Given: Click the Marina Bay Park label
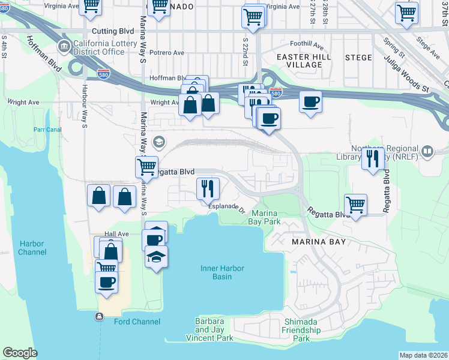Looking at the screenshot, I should pos(265,217).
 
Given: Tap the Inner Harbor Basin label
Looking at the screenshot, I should pos(223,272).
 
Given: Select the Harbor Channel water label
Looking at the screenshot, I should pos(32,248).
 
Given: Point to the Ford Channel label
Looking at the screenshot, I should pos(137,322).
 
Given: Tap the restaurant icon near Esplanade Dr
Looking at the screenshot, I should pos(208,188).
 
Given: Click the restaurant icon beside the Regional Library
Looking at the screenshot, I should pos(373,158).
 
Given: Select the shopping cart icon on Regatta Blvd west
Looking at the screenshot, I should pos(146,166).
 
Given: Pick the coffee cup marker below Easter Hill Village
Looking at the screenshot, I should pos(310,101).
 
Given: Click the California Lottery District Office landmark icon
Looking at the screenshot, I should pos(64,46).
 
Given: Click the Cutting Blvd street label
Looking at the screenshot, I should pos(112,31).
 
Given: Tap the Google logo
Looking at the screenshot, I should pos(20,353).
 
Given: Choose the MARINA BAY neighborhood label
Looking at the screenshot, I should pos(319,242).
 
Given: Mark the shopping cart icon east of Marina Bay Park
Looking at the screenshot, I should pos(355,204).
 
